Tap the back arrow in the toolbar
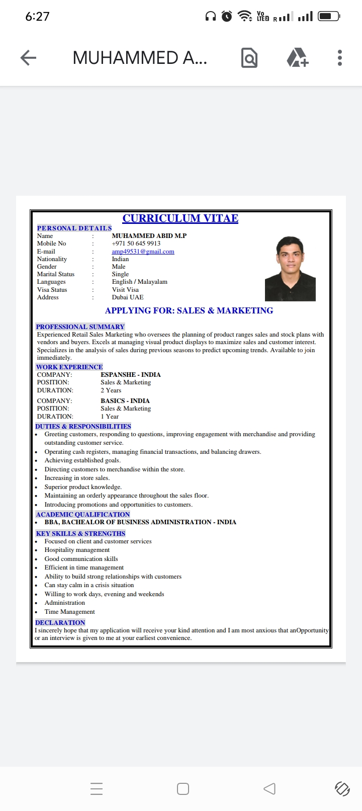(28, 58)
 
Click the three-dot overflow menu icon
(340, 58)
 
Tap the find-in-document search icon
(249, 58)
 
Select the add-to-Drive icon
(297, 58)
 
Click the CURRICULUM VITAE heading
(180, 218)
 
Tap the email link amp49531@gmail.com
(143, 252)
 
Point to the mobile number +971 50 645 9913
(136, 244)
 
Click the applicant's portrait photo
(290, 269)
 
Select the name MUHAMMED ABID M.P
(149, 235)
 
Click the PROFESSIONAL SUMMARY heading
(80, 327)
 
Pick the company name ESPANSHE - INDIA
(130, 375)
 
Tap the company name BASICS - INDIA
(125, 401)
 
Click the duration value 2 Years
(111, 390)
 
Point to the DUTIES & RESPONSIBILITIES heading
(83, 426)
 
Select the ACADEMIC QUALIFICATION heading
(82, 514)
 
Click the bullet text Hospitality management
(77, 550)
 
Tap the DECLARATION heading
(60, 622)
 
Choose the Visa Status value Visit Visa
(125, 290)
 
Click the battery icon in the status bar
(328, 16)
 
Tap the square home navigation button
(183, 788)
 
